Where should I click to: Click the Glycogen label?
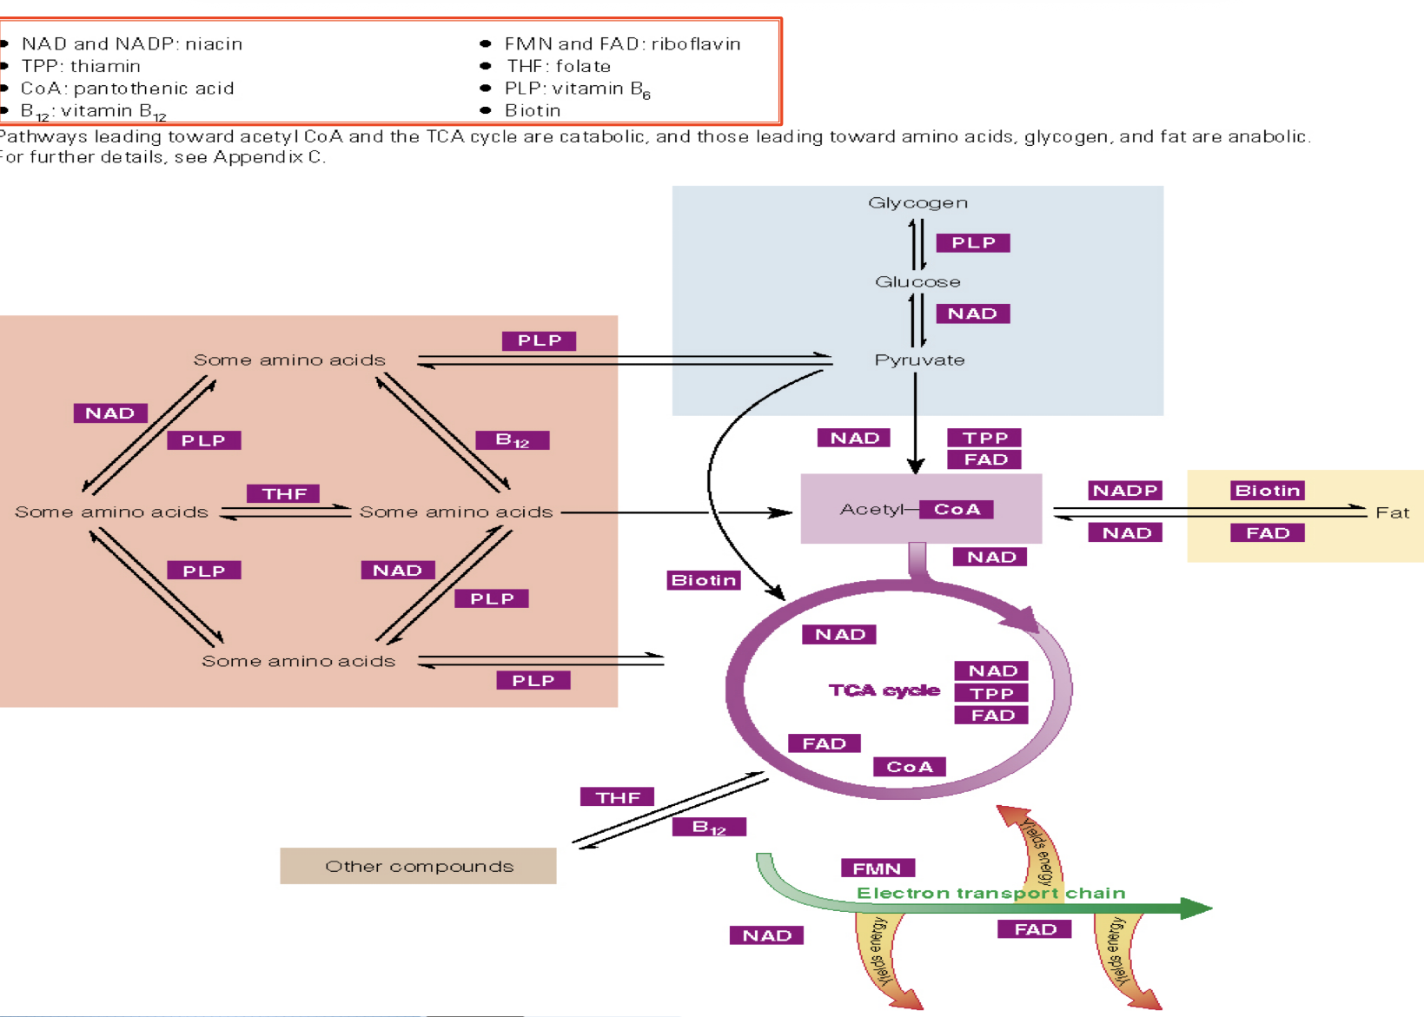(917, 202)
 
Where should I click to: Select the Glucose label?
(917, 281)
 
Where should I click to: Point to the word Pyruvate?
(919, 360)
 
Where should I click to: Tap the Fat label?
(1392, 512)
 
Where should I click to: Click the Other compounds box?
(418, 866)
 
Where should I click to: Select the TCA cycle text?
(884, 690)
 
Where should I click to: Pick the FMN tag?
(877, 868)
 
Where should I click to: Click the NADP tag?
(1125, 491)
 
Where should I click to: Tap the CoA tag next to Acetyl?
(956, 510)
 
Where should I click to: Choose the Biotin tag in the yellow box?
(1267, 491)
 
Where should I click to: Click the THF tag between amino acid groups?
(284, 493)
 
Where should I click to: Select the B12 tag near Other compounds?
(709, 827)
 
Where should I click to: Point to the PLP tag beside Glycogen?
(972, 242)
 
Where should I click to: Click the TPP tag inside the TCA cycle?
(991, 693)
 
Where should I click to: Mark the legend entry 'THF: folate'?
(558, 66)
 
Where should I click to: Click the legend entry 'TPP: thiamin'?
(81, 66)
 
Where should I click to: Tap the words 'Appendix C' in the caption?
(268, 157)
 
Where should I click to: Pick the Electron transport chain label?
(990, 893)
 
